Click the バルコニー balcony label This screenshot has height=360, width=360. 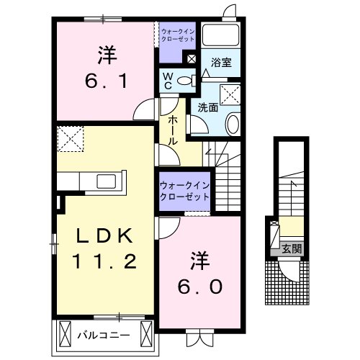tap(104, 335)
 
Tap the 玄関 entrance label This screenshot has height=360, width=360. tap(292, 250)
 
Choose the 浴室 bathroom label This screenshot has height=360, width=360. tap(220, 63)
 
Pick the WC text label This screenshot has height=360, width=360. tap(166, 81)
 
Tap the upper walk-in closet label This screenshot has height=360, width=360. tap(177, 35)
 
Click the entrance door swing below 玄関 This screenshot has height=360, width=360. tap(292, 272)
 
